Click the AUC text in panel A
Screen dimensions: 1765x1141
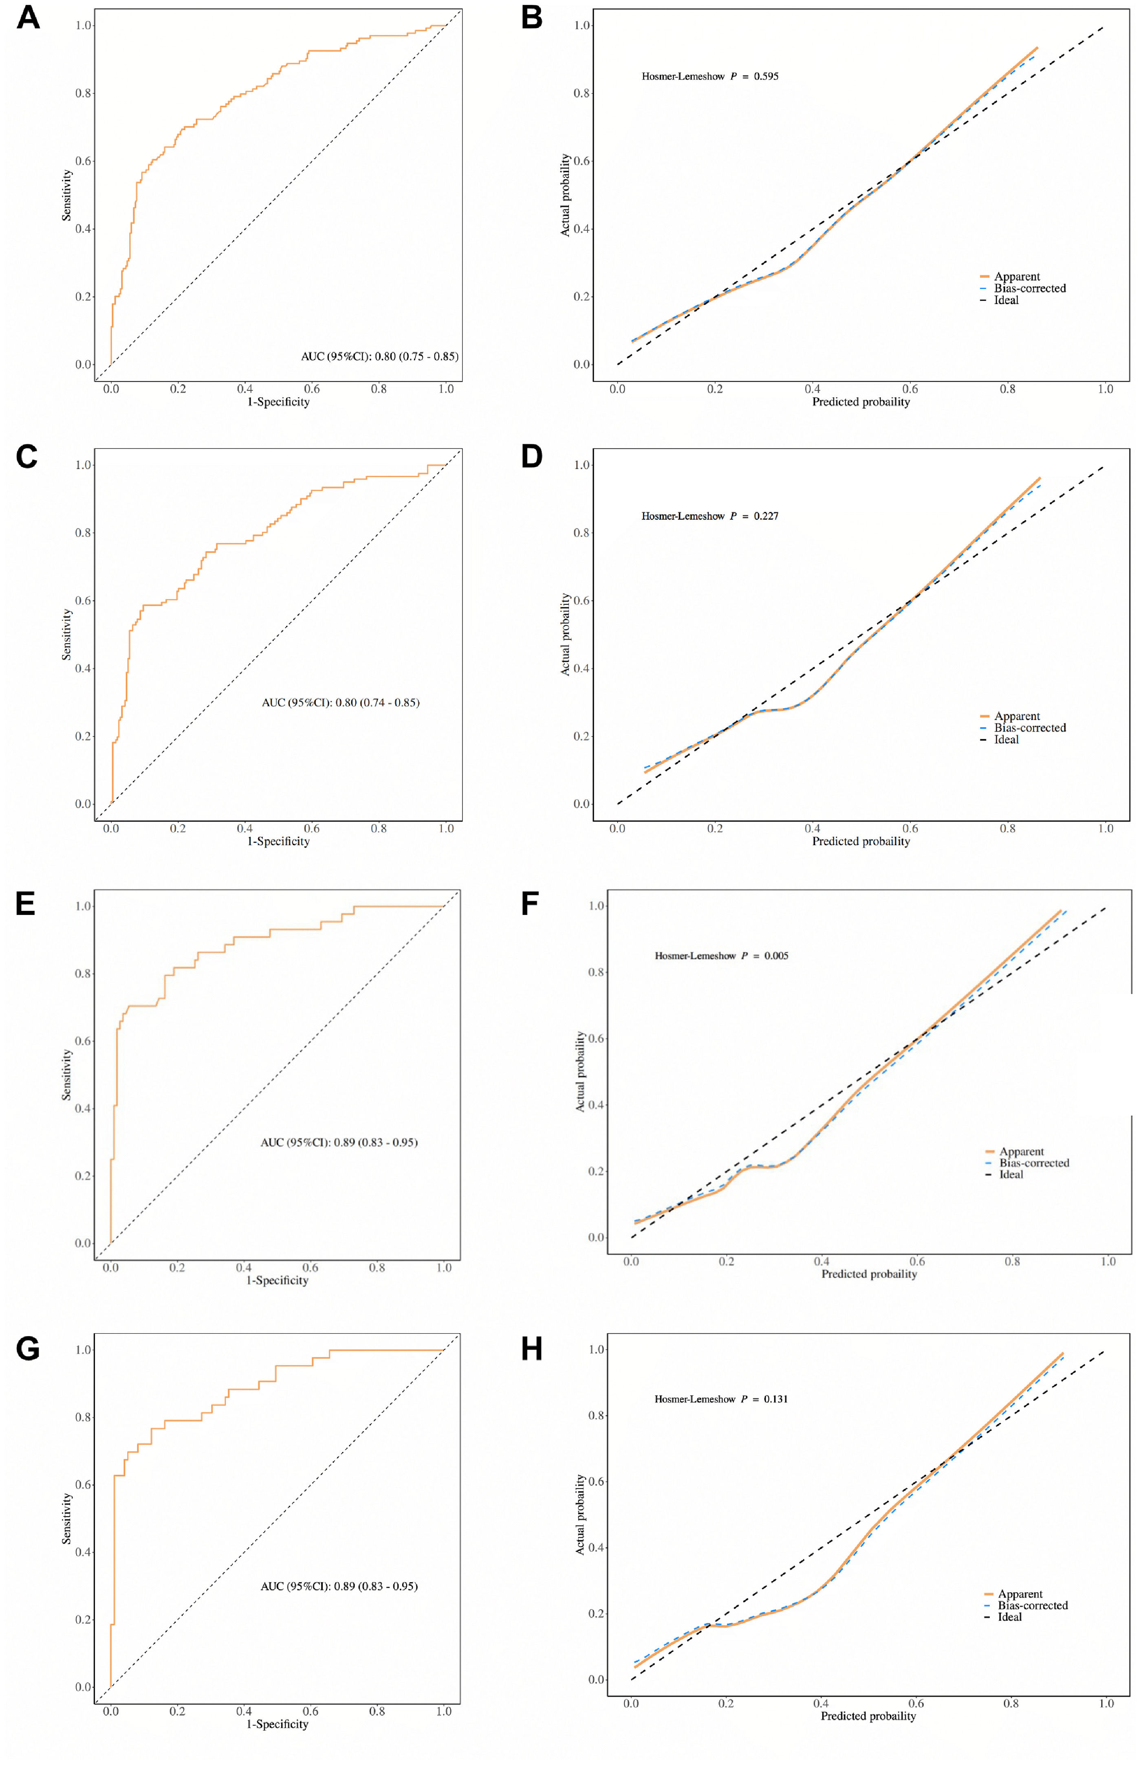379,356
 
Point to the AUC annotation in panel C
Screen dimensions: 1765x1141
340,702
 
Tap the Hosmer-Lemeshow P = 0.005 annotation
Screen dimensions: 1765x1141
721,956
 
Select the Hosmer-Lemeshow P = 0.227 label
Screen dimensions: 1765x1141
709,516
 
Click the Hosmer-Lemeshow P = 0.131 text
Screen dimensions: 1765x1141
720,1399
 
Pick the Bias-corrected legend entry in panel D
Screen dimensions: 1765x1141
1029,728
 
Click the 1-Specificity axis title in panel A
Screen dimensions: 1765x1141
279,402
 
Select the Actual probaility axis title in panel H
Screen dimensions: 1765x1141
580,1514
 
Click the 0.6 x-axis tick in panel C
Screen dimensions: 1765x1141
312,828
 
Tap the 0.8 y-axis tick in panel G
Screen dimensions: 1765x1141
83,1417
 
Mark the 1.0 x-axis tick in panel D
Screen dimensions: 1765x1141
1105,828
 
